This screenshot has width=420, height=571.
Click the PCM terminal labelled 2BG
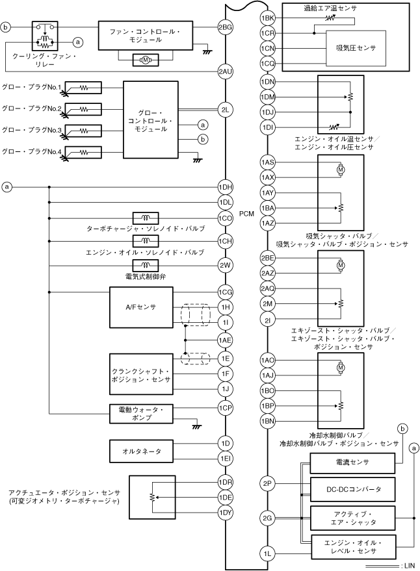pos(225,27)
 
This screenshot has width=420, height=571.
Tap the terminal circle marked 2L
pos(225,110)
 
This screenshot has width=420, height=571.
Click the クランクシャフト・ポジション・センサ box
pos(141,374)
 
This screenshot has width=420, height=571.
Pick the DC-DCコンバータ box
pos(354,488)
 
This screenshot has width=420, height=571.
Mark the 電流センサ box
pos(354,463)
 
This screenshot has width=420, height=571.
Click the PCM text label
pos(246,214)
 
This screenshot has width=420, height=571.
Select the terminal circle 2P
pos(267,484)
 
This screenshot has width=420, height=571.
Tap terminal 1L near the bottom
pos(267,553)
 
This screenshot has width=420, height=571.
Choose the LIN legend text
pos(409,566)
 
